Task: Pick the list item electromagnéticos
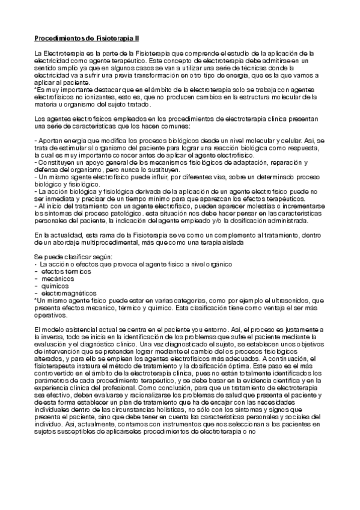click(68, 293)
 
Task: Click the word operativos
click(50, 315)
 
